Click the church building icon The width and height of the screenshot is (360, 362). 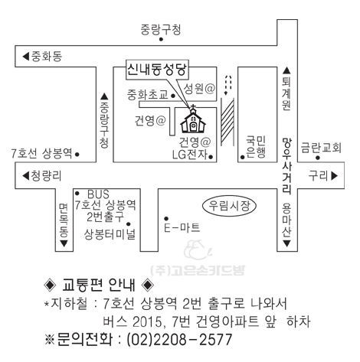pos(193,119)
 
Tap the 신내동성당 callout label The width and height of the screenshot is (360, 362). pos(158,69)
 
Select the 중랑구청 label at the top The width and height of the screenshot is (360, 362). pos(161,30)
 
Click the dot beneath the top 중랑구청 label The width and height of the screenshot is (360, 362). pos(161,39)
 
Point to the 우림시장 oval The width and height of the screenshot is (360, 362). pos(229,206)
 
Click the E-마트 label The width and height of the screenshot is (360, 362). pos(182,227)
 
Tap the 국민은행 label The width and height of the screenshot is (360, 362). pos(256,146)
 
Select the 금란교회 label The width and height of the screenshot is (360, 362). pos(321,148)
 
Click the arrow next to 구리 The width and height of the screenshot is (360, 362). pos(335,176)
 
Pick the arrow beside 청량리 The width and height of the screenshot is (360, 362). pos(25,176)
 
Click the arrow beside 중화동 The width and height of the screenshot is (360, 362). pos(25,56)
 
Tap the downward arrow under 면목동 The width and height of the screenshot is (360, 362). pos(64,243)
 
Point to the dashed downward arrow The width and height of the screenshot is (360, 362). pos(227,85)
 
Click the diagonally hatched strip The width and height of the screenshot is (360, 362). pos(227,122)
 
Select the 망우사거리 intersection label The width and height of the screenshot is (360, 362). pos(287,166)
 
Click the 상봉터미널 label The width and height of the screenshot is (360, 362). pos(110,234)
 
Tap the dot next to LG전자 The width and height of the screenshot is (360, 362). pos(211,157)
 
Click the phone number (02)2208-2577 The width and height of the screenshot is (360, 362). pos(179,340)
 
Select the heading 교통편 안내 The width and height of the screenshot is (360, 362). pos(99,285)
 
